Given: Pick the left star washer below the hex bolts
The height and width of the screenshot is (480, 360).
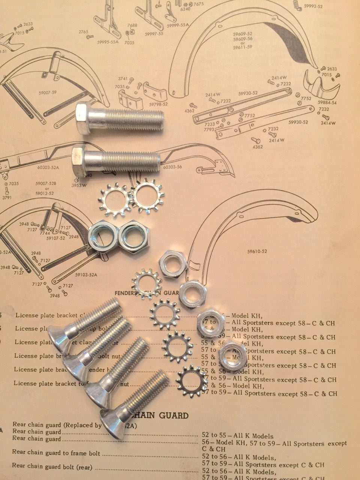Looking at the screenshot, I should (x=113, y=202).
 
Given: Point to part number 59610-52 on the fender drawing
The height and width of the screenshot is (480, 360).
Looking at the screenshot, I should (x=257, y=251).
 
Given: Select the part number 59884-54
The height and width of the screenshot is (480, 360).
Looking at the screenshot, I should (x=327, y=102).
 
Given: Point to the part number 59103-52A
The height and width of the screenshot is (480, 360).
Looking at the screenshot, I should (x=86, y=274).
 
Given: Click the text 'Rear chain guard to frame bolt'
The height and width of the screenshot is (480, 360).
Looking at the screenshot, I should (x=56, y=453).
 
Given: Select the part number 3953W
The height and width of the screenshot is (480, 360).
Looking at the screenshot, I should (x=79, y=185).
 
